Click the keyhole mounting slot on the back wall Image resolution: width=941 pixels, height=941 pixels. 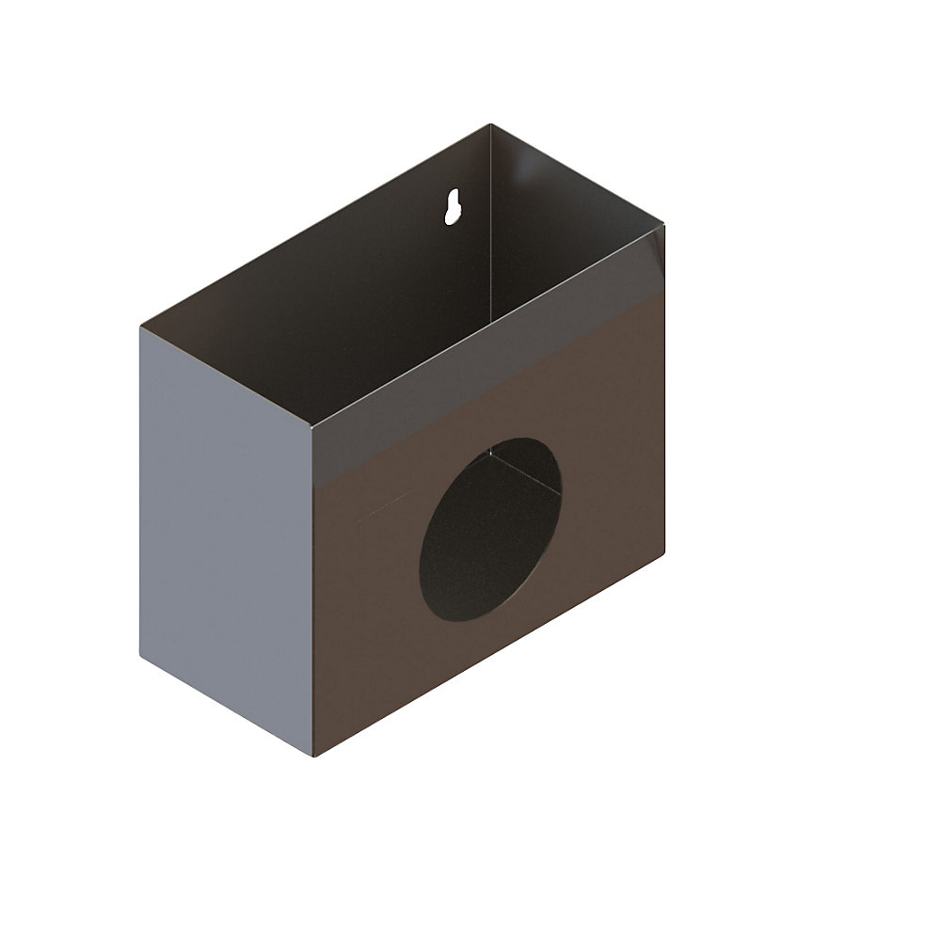pos(454,207)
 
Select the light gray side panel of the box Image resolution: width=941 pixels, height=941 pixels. pos(226,536)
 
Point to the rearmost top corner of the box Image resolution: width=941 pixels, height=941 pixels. pos(489,124)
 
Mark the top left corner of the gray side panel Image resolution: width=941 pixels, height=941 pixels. pos(141,327)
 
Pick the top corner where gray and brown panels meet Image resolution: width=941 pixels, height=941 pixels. pos(311,425)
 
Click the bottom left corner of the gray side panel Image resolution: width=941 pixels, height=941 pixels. pos(141,656)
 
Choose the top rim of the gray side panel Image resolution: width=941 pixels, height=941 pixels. pos(226,375)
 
